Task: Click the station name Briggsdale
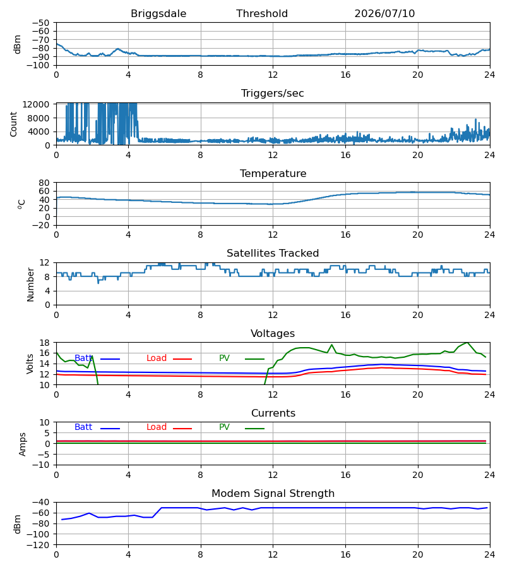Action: [x=158, y=14]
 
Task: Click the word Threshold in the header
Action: [x=262, y=14]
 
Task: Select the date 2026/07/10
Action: [x=384, y=14]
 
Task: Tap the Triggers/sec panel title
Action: [x=273, y=94]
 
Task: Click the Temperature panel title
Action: [x=273, y=173]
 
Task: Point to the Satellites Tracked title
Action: [x=273, y=254]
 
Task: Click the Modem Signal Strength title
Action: [x=273, y=494]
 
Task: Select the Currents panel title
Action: [x=273, y=413]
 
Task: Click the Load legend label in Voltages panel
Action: [x=157, y=358]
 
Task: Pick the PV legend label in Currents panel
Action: [x=224, y=427]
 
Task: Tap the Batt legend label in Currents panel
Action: [x=83, y=427]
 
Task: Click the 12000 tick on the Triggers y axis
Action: [x=36, y=104]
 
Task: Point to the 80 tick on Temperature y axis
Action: [x=44, y=183]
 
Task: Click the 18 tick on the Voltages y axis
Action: [x=44, y=343]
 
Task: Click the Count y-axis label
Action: [x=13, y=124]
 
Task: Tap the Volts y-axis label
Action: [x=30, y=364]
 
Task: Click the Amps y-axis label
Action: [x=23, y=444]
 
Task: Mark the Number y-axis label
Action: [x=30, y=284]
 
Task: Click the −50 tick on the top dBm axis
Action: [x=40, y=23]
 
